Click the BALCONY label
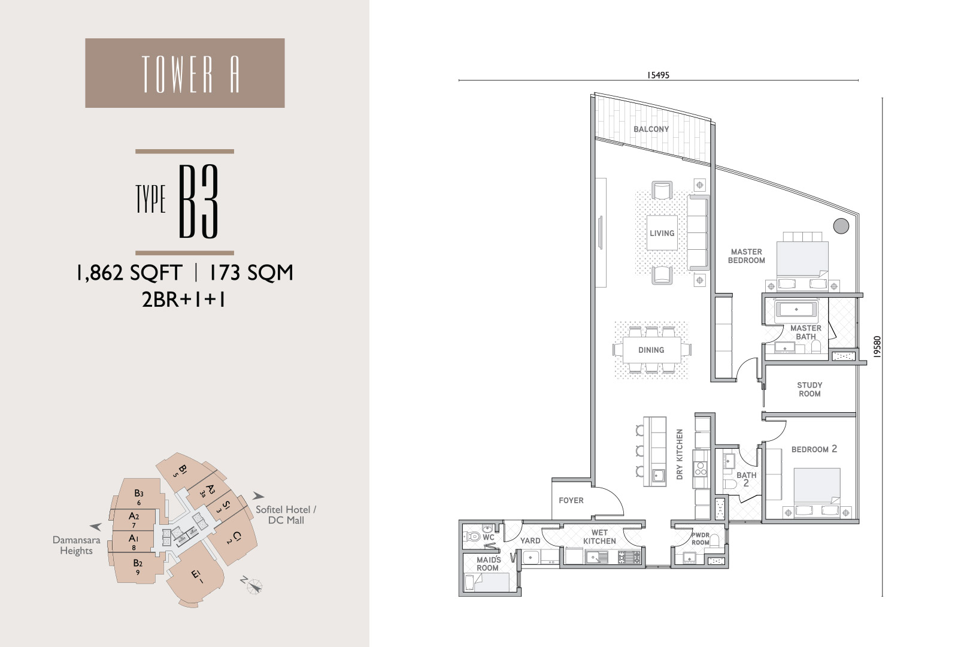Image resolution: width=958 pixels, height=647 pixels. point(651,129)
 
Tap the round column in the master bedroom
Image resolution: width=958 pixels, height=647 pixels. point(841,226)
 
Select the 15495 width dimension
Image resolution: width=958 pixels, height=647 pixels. point(658,75)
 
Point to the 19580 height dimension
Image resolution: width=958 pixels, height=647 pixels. point(877,347)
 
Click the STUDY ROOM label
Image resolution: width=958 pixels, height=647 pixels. point(810,389)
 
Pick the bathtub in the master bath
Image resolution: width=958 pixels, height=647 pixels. point(796,309)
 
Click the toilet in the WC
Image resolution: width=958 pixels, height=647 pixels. point(472,536)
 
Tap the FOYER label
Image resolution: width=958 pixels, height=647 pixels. point(571,500)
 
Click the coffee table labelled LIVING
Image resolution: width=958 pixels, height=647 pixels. point(662,233)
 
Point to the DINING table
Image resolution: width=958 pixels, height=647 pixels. point(651,350)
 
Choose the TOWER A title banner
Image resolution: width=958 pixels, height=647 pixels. point(185,72)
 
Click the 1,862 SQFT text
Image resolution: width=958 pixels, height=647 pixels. point(129,273)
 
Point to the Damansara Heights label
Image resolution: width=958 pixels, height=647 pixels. point(76,545)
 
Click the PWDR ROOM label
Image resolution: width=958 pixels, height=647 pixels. point(700,539)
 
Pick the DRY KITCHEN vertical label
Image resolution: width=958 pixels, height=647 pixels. point(680,455)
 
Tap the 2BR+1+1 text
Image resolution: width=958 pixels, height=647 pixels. point(184,300)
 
